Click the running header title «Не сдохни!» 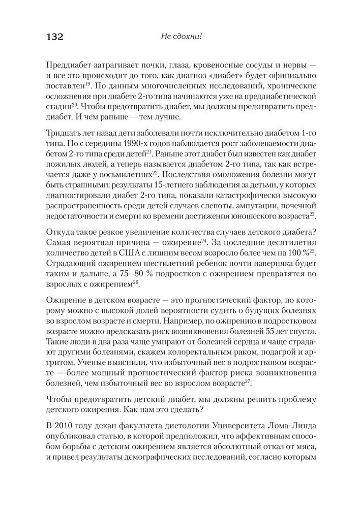tap(181, 37)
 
